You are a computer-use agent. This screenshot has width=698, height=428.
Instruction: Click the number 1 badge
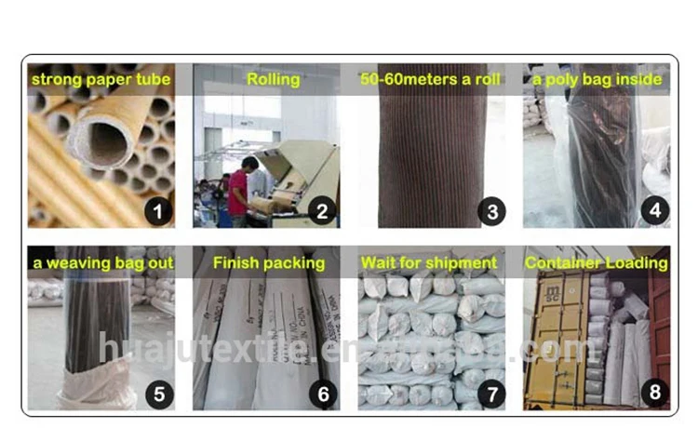point(158,211)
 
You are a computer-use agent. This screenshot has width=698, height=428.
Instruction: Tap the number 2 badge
point(323,211)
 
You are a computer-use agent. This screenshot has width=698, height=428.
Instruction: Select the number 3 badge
point(490,211)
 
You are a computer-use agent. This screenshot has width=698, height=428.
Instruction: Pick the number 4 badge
point(654,211)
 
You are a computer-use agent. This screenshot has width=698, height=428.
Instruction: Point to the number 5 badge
point(158,394)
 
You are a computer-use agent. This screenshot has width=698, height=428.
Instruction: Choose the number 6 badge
point(323,394)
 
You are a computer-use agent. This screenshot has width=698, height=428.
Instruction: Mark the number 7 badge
point(490,394)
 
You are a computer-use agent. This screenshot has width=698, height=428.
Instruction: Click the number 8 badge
point(654,394)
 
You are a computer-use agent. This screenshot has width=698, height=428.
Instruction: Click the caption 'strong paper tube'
point(101,80)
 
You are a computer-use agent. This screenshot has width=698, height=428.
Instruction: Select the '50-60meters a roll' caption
point(431,80)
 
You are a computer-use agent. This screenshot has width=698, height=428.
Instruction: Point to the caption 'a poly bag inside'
point(597,80)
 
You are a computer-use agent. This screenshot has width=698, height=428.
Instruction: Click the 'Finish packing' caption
point(269,263)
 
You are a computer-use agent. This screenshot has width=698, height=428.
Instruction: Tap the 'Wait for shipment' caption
point(429,263)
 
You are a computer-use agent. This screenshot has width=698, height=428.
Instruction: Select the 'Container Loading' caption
point(597,263)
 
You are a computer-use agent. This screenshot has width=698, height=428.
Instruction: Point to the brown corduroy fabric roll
point(430,158)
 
